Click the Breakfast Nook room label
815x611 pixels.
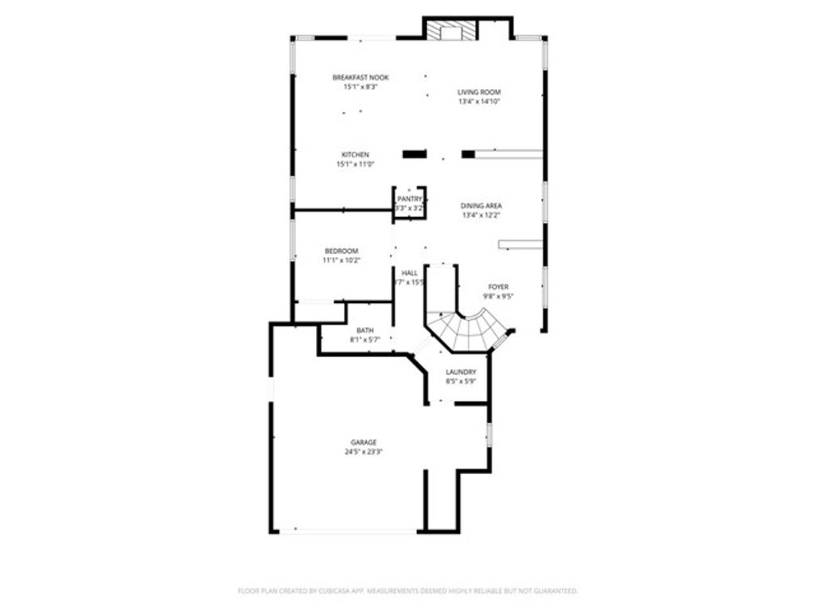coord(360,77)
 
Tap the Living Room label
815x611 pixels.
coord(479,92)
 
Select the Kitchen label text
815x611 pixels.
coord(355,154)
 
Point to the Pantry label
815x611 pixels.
coord(410,199)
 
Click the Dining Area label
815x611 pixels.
coord(482,205)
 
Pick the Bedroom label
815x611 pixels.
coord(341,251)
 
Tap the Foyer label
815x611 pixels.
coord(498,286)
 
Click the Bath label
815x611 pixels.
coord(365,330)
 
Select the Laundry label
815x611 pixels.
coord(461,372)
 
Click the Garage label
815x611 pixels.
coord(364,442)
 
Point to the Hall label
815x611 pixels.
coord(410,273)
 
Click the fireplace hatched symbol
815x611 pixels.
coord(451,30)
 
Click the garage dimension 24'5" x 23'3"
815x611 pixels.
coord(364,452)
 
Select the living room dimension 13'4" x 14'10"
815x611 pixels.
coord(479,102)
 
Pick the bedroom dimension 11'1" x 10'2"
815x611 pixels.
coord(341,260)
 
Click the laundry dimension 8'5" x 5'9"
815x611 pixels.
coord(461,381)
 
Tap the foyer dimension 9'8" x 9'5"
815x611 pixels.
coord(498,296)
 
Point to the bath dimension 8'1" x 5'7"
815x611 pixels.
coord(365,340)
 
